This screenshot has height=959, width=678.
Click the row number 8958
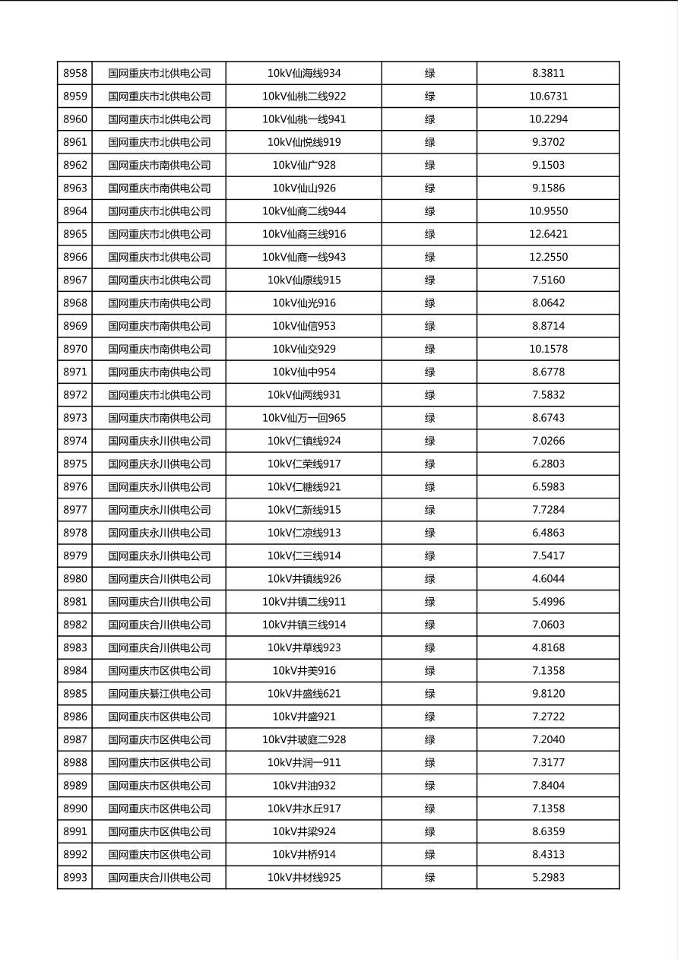(74, 74)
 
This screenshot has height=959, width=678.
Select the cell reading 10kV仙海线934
(303, 74)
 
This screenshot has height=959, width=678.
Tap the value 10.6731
(548, 97)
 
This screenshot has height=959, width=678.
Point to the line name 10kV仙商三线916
(303, 234)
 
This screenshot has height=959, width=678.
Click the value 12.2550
(548, 257)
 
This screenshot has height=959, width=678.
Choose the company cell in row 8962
(159, 165)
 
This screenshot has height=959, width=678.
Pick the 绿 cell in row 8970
(429, 349)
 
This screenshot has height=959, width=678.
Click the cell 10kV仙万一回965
(303, 418)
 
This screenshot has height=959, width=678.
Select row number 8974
(74, 441)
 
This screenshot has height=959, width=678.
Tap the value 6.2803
(548, 464)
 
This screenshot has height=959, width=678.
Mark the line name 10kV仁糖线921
(303, 486)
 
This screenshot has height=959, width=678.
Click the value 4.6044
(548, 578)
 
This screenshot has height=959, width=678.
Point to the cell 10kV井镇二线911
(303, 602)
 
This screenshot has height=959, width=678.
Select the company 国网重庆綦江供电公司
(159, 694)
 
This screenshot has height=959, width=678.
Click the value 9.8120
(548, 694)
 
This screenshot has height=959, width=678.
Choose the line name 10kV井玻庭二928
(303, 739)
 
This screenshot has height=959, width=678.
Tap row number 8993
(74, 877)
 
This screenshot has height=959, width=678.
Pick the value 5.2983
(548, 877)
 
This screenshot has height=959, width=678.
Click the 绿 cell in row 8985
(429, 694)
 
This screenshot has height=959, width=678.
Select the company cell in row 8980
(159, 578)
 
